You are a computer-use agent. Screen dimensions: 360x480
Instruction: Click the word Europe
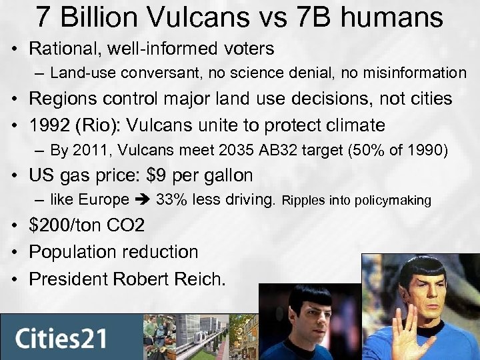point(104,200)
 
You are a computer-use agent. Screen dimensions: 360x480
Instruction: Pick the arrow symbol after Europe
point(143,200)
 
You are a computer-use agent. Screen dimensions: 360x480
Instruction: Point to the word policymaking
point(395,201)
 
